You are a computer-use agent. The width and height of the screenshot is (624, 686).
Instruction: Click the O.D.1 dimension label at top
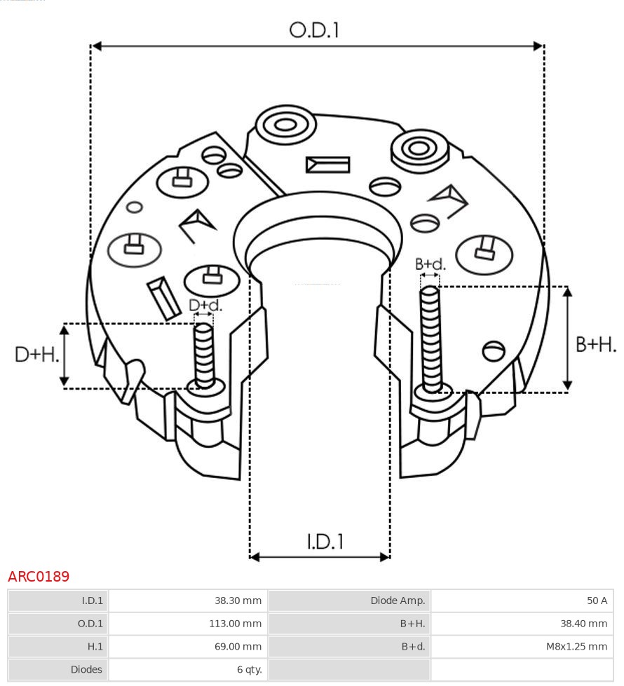pyautogui.click(x=314, y=30)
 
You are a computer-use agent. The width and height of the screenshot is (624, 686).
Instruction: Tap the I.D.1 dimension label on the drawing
pyautogui.click(x=325, y=542)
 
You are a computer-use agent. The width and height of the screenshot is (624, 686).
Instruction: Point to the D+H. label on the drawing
pyautogui.click(x=36, y=355)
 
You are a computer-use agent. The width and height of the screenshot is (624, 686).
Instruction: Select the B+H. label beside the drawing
pyautogui.click(x=595, y=344)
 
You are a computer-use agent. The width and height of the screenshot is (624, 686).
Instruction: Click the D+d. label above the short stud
pyautogui.click(x=205, y=305)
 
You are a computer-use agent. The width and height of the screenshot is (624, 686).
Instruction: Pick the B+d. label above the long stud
pyautogui.click(x=430, y=263)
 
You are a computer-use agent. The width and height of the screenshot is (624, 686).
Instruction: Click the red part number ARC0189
pyautogui.click(x=39, y=576)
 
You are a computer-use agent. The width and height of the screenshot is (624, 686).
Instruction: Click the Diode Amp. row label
pyautogui.click(x=398, y=601)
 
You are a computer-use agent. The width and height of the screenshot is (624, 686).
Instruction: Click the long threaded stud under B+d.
pyautogui.click(x=431, y=339)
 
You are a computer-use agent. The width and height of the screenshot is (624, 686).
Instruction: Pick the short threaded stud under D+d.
pyautogui.click(x=204, y=356)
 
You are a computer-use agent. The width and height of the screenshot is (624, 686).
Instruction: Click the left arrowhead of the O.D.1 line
pyautogui.click(x=96, y=46)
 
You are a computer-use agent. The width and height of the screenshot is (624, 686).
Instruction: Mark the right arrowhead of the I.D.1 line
pyautogui.click(x=386, y=557)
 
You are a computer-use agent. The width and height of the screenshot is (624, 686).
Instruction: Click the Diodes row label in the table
pyautogui.click(x=86, y=669)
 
